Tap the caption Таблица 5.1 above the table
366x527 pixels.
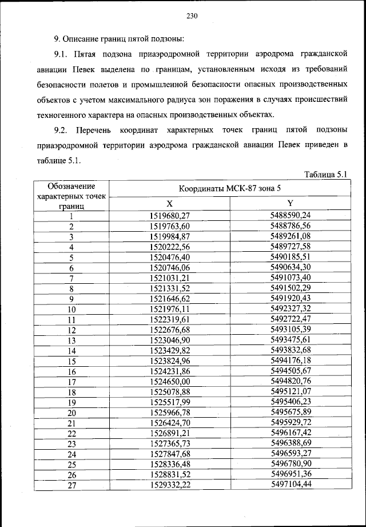[324, 175]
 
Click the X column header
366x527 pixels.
[169, 204]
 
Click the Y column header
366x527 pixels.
[291, 204]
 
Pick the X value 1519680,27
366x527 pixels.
[169, 216]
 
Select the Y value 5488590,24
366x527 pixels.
[291, 216]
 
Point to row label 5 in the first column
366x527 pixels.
[72, 257]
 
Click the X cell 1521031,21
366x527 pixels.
[169, 278]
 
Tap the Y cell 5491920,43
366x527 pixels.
[291, 299]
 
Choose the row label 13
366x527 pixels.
[72, 340]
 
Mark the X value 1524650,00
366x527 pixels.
[169, 382]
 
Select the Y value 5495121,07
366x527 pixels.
[291, 392]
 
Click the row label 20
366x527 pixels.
[72, 413]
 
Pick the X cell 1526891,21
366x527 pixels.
[169, 434]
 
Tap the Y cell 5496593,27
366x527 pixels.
[291, 454]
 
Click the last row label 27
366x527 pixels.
[72, 486]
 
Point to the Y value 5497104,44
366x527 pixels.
[291, 485]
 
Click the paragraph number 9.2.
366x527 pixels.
[61, 131]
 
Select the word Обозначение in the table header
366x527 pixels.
[71, 186]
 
